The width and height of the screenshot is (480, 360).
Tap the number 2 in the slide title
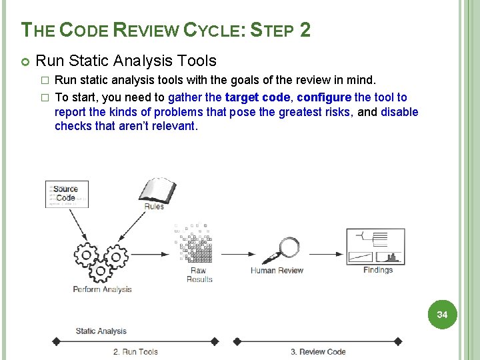[305, 30]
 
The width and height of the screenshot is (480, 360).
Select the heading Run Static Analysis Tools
[126, 61]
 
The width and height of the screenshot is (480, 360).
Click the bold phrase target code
[257, 97]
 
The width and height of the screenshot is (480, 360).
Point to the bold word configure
[324, 97]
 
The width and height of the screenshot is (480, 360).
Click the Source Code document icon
[66, 194]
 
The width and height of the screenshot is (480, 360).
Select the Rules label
[155, 207]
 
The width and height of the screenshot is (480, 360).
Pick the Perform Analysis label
[102, 289]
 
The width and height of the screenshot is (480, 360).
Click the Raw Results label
[199, 275]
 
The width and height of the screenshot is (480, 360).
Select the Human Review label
[277, 271]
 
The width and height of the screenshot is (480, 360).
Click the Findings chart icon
[375, 246]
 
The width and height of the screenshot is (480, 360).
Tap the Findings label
[378, 270]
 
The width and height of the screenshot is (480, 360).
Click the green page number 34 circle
[442, 314]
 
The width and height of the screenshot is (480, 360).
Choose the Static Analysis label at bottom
[101, 331]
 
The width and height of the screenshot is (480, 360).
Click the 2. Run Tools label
[135, 351]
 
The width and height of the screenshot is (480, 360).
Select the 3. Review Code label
[318, 351]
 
